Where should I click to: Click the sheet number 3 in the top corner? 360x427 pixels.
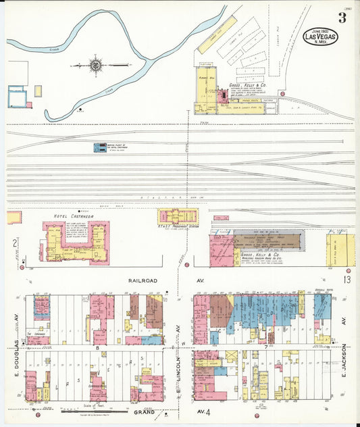click(342, 18)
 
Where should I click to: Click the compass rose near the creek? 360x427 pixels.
click(95, 66)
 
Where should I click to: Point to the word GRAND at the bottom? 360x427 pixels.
click(143, 411)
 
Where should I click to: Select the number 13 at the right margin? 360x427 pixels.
click(346, 279)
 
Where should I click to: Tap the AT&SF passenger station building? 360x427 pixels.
click(178, 216)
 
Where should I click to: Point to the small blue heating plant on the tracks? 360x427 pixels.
click(99, 147)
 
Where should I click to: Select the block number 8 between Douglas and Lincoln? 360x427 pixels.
click(98, 347)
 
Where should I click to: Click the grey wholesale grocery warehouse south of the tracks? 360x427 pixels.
click(267, 242)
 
